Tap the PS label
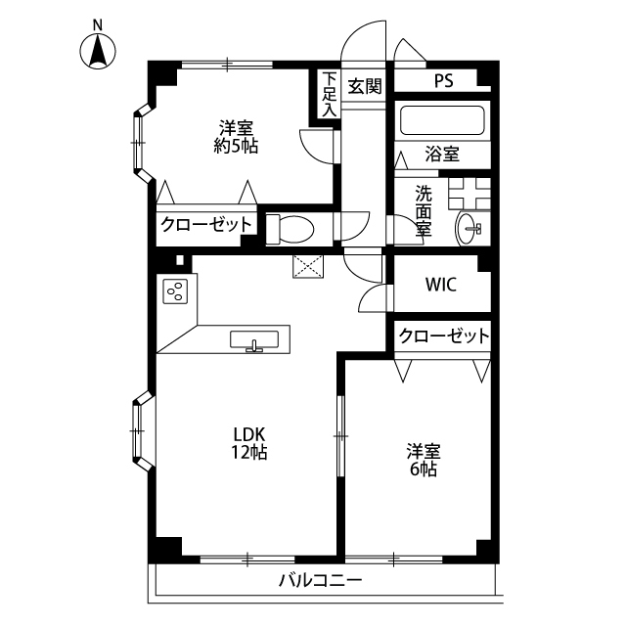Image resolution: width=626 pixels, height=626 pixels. coord(444,81)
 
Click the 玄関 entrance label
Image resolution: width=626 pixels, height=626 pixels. coord(365,86)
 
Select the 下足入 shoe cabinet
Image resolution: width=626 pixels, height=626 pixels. coord(330,94)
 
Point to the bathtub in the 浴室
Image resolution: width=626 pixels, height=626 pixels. coord(442,120)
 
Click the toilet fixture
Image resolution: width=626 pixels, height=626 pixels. coord(290,229)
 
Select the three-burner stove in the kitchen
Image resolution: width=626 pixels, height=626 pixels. coord(175,291)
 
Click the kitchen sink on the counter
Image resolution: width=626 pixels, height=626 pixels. coord(254,340)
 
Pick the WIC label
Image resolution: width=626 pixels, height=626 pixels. coord(441,285)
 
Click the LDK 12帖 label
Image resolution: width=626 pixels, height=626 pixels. coord(249,442)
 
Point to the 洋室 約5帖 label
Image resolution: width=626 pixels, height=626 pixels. coord(236,137)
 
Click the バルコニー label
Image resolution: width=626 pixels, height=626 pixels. coord(320,580)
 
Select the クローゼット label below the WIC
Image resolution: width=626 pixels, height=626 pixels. coord(444,336)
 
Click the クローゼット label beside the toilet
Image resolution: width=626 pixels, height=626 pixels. coord(206,225)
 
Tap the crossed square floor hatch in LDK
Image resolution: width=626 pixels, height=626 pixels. coord(308,266)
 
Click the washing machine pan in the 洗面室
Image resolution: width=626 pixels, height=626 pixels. coord(469,194)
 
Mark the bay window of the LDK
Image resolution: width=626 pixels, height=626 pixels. coord(142,430)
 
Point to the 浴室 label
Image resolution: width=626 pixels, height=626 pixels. coord(442,154)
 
